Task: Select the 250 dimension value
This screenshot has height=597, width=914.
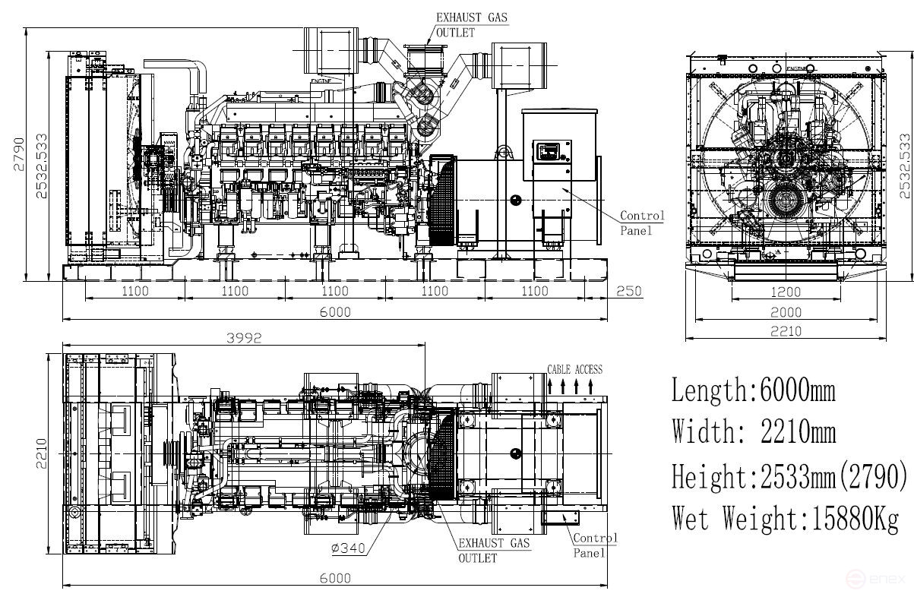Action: (629, 291)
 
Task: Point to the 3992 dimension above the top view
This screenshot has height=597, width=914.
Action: (243, 339)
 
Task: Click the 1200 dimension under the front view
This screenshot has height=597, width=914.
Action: (786, 292)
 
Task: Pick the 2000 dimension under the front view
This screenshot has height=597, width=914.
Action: (786, 312)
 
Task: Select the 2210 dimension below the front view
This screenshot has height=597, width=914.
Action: (786, 331)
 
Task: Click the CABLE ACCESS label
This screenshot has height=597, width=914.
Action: (574, 370)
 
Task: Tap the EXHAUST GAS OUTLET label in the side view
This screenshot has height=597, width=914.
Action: (471, 24)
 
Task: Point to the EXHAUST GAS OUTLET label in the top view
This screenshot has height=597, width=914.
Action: (493, 550)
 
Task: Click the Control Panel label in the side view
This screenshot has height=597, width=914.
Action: (642, 223)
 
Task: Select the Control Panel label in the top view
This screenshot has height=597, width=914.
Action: (594, 545)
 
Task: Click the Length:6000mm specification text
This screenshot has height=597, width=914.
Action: (753, 390)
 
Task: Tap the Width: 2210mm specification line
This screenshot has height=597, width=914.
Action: (753, 432)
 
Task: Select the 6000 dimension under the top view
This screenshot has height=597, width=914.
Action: (335, 578)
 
